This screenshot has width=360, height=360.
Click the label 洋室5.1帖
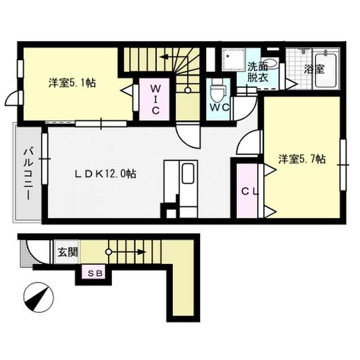coord(72,83)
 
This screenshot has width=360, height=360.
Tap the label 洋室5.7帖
coord(302,159)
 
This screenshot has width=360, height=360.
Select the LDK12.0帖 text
coord(105,174)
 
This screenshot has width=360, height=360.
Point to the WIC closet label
coord(155,100)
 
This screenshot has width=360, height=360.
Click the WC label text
coord(219,107)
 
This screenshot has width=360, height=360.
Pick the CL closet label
coord(250,191)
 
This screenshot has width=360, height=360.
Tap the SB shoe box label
coord(94,273)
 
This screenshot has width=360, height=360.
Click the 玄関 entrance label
coord(67,252)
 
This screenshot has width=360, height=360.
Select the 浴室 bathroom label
coord(314,69)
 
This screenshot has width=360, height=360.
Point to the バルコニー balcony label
coord(29,174)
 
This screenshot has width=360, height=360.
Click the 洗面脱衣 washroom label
coord(258,72)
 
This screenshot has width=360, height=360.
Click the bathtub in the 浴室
coord(326,70)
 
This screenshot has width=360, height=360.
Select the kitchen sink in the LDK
coord(188,174)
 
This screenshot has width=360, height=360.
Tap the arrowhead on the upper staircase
coord(164,57)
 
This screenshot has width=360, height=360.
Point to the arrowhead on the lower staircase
coord(142,252)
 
